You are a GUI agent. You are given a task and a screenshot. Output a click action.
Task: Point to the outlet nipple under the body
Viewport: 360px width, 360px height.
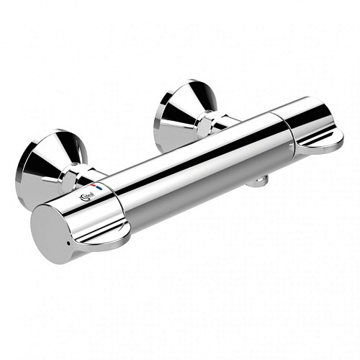[x=254, y=181]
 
